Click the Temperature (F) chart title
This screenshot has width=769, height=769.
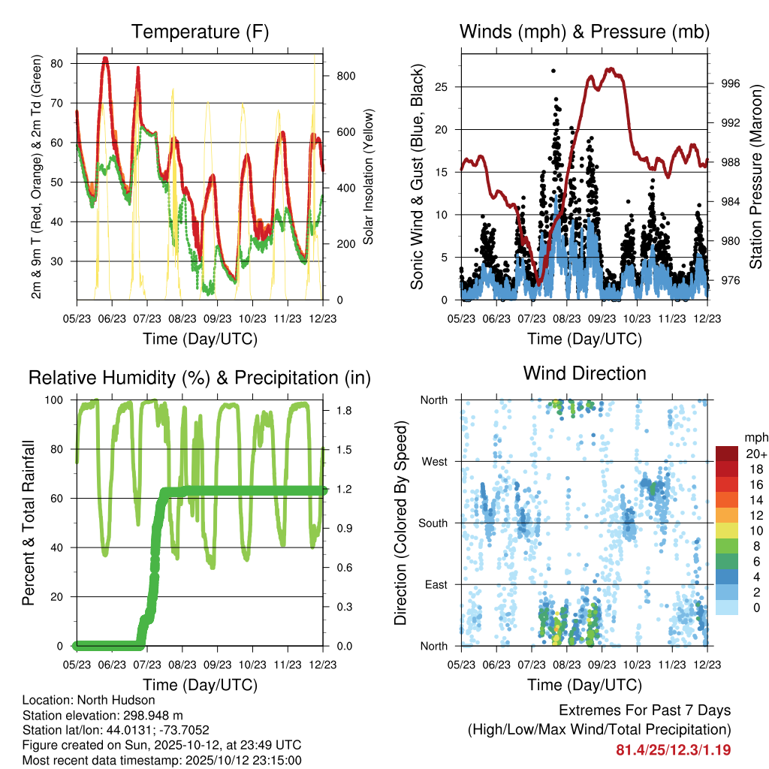click(199, 32)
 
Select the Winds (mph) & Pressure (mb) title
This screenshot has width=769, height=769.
click(584, 32)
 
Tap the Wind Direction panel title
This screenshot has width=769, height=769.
click(584, 373)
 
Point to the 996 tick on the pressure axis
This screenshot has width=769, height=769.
click(729, 83)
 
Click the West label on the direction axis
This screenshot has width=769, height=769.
click(434, 461)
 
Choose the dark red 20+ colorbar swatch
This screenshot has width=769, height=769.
click(727, 454)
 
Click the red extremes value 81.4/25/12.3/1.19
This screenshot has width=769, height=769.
click(673, 750)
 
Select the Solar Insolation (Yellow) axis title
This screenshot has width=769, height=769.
click(369, 177)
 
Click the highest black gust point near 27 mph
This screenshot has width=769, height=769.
click(553, 71)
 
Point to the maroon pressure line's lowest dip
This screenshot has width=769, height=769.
click(539, 282)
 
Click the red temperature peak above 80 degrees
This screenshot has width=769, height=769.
click(106, 59)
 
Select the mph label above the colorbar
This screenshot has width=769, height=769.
click(753, 437)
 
